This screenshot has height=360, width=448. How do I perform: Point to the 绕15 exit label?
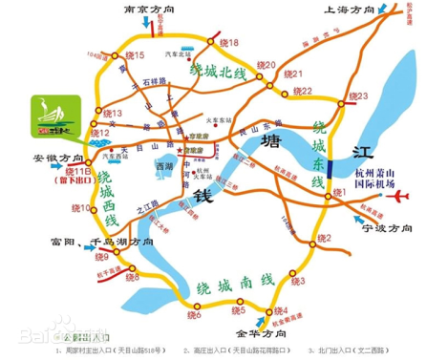(x=135, y=56)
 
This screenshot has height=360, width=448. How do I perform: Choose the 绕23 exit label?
(x=358, y=96)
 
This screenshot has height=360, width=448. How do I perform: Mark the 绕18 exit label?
(x=228, y=43)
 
